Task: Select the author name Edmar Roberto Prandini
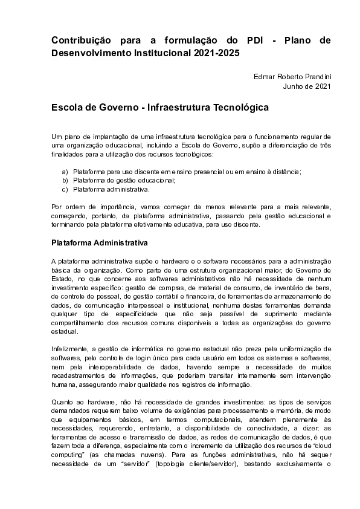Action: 294,76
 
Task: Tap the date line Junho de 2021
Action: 307,86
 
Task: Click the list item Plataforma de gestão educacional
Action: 124,180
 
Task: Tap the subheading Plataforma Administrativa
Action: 100,244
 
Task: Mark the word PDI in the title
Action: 256,41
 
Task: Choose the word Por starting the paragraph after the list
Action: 57,206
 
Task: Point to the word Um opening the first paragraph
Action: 56,137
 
